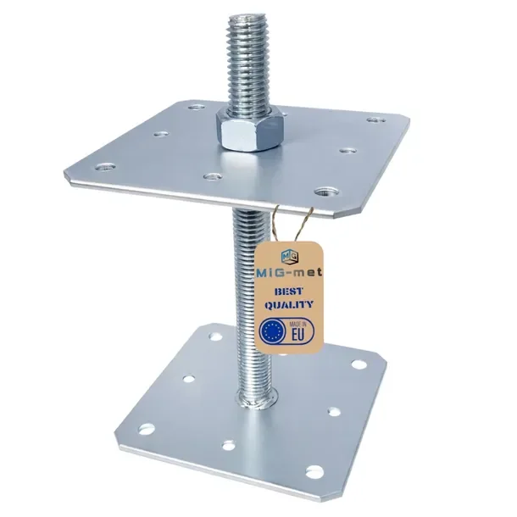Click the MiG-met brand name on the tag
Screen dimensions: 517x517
pyautogui.click(x=289, y=273)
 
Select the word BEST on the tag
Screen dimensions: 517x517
pyautogui.click(x=289, y=292)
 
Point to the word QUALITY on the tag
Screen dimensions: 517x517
pyautogui.click(x=289, y=304)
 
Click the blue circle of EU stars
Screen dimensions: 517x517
pyautogui.click(x=272, y=331)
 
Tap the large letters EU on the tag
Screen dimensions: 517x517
pyautogui.click(x=297, y=335)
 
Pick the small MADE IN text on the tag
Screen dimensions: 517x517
pyautogui.click(x=297, y=325)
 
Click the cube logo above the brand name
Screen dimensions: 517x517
pyautogui.click(x=289, y=257)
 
